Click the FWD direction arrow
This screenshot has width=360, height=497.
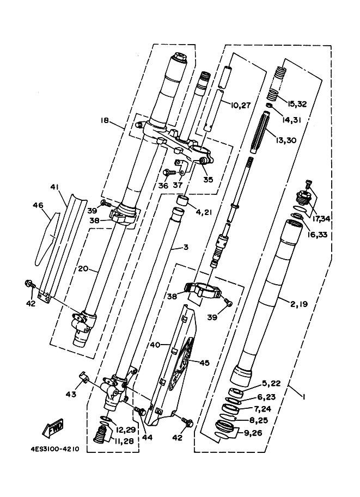[x=53, y=428]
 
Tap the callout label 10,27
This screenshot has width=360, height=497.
[x=241, y=105]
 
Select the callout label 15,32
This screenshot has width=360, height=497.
[x=297, y=104]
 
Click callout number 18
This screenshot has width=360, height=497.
[x=105, y=120]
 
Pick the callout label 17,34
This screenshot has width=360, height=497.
[x=321, y=218]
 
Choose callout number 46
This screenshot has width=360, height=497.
[x=38, y=205]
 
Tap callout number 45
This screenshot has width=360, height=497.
[x=204, y=363]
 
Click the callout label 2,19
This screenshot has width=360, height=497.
[x=299, y=304]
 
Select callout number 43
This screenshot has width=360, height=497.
[x=71, y=394]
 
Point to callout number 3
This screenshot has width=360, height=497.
[x=186, y=247]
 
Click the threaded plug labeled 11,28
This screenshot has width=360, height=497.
[x=101, y=434]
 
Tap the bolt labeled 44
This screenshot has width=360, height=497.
[x=140, y=410]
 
